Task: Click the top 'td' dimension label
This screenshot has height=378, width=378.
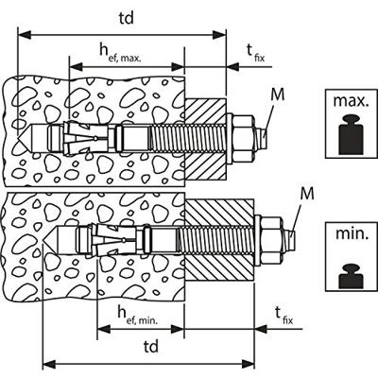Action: [127, 19]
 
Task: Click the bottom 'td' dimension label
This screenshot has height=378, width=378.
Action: [151, 347]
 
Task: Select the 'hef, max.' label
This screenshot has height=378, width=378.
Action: [120, 52]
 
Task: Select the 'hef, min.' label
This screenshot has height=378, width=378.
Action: [138, 315]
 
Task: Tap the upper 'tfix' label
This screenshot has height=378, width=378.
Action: [255, 53]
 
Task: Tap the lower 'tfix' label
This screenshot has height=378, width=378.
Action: [283, 316]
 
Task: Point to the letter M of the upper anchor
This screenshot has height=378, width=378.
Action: [278, 94]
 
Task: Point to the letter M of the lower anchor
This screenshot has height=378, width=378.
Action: [307, 194]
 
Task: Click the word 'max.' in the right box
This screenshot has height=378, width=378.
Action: [351, 101]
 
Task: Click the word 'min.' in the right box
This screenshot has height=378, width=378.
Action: [352, 233]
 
